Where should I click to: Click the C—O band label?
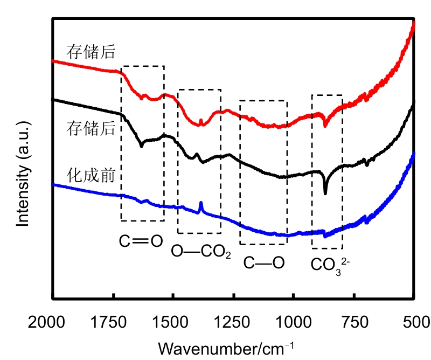[x=263, y=263]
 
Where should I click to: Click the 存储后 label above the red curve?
[x=91, y=51]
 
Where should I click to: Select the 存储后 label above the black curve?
[x=91, y=128]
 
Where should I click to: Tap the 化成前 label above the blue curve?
[x=91, y=175]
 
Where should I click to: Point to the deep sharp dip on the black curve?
[x=325, y=192]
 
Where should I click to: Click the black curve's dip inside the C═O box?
[x=142, y=146]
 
